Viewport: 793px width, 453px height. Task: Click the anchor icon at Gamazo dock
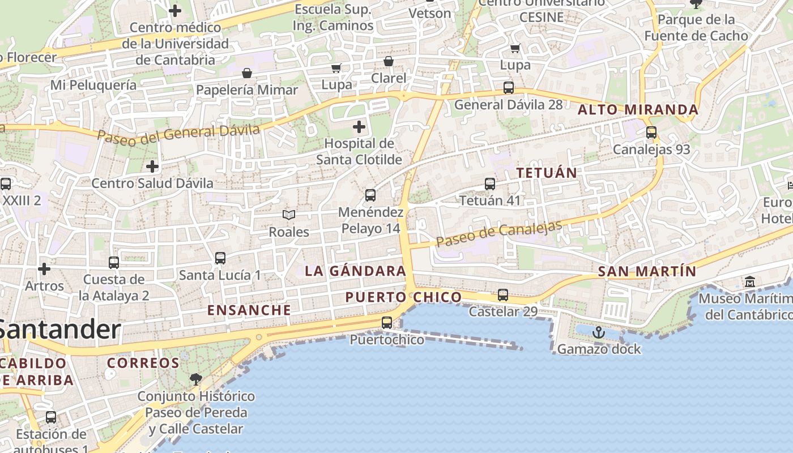click(x=599, y=332)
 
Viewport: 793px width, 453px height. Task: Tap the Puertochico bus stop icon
click(x=387, y=323)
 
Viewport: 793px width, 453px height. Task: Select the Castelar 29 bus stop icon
click(x=503, y=295)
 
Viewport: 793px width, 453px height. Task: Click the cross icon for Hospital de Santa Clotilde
click(x=359, y=126)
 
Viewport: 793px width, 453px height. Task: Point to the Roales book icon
click(x=289, y=215)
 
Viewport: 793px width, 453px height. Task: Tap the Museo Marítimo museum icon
click(x=751, y=281)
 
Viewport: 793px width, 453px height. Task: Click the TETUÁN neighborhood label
click(x=547, y=173)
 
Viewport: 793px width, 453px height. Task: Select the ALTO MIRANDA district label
click(x=638, y=110)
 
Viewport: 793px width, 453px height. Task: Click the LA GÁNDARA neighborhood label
click(x=356, y=271)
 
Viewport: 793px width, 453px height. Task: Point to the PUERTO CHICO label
click(x=403, y=297)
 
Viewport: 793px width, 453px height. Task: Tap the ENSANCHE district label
click(x=249, y=310)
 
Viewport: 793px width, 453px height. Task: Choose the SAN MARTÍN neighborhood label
click(x=647, y=271)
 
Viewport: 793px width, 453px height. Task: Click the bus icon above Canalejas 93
click(x=651, y=133)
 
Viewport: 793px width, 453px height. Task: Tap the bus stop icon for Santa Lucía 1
click(x=220, y=258)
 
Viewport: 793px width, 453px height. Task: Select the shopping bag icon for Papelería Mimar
click(x=247, y=73)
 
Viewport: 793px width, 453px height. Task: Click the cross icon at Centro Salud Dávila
click(x=152, y=166)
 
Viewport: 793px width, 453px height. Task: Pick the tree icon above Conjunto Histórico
click(x=196, y=379)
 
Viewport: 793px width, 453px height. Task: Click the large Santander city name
click(x=59, y=329)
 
